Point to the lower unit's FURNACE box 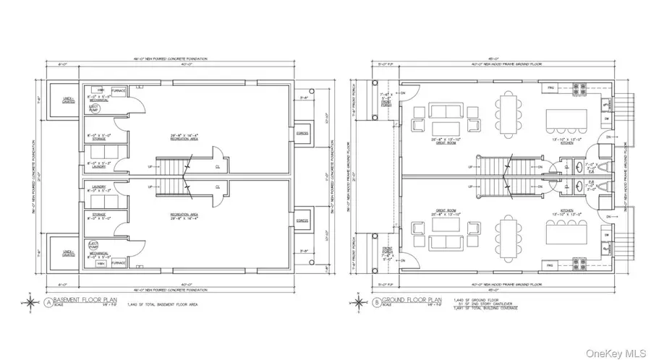(x=119, y=262)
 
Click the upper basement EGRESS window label (x=303, y=133)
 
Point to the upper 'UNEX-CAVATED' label (x=60, y=100)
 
